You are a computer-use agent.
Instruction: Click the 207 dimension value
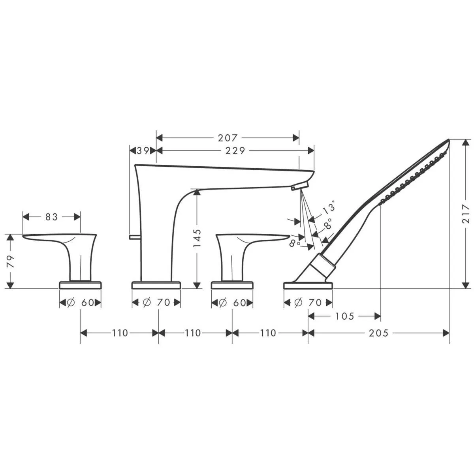pos(228,138)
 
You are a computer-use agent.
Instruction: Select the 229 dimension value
pos(236,150)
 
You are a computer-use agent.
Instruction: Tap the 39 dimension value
pos(143,150)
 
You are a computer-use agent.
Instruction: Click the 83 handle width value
pos(52,217)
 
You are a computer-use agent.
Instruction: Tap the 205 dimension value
pos(378,333)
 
